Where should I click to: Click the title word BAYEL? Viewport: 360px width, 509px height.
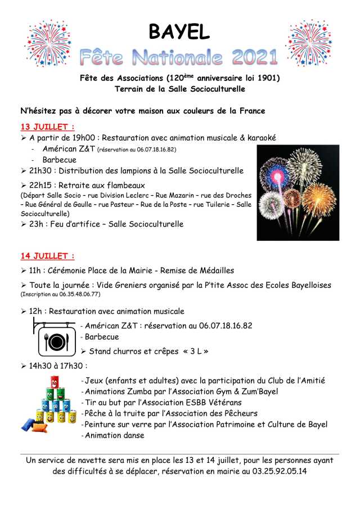(179, 31)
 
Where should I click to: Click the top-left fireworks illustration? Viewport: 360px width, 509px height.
(47, 43)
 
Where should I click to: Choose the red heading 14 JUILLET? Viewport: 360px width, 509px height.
(48, 256)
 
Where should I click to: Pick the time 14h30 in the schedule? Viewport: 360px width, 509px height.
(41, 366)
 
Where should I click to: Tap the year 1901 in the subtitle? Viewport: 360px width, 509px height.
(267, 78)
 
